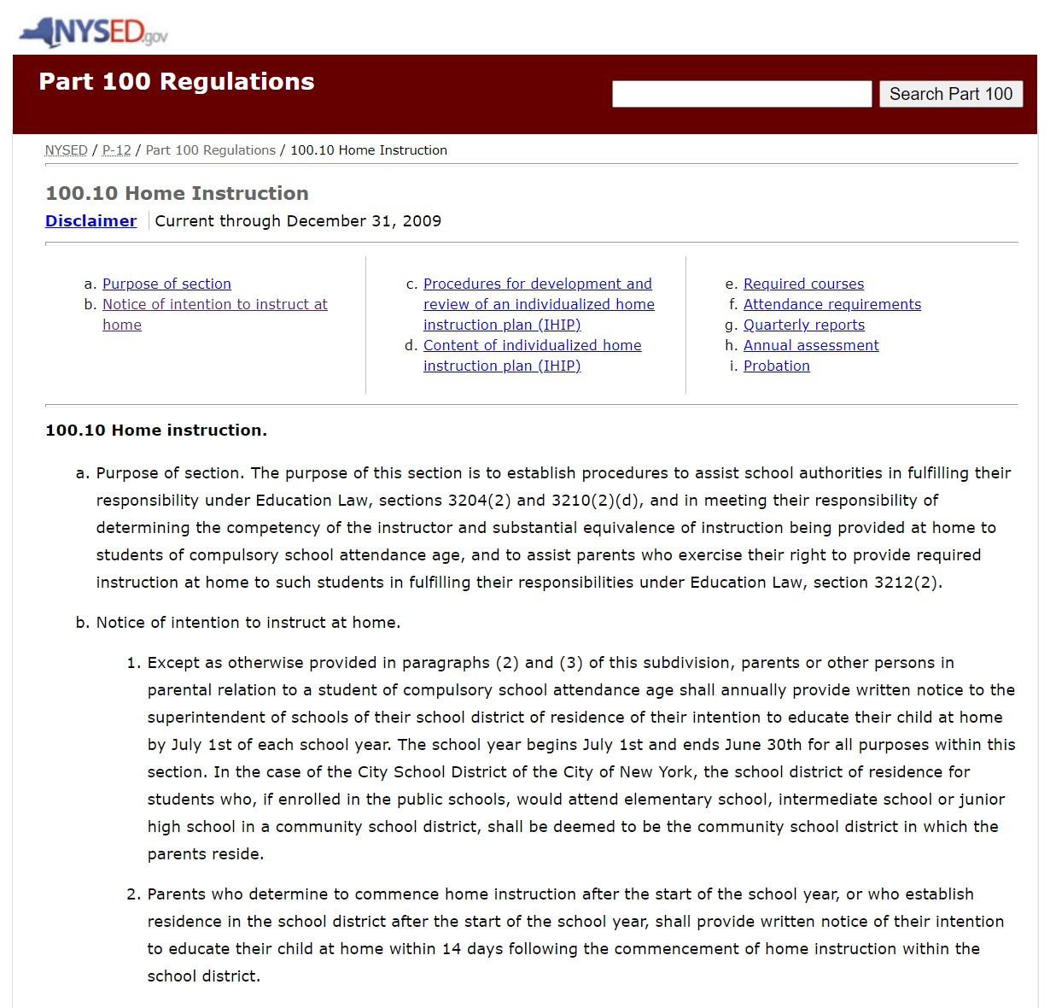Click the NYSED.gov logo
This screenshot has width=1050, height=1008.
tap(93, 32)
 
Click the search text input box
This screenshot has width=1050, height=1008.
tap(741, 94)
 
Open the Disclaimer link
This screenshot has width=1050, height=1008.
tap(90, 220)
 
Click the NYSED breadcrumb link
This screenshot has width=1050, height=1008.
tap(66, 150)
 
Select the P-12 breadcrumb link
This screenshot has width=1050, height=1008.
tap(116, 150)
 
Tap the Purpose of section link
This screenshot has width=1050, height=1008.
tap(166, 284)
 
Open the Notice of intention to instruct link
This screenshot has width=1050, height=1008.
tap(214, 304)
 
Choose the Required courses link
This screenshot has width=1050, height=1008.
tap(803, 284)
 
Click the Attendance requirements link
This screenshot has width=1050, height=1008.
tap(831, 304)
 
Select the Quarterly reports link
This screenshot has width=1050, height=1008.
tap(803, 325)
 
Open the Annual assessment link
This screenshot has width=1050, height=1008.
tap(810, 345)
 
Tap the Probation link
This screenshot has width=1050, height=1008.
tap(776, 366)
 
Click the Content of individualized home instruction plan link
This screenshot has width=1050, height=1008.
tap(532, 345)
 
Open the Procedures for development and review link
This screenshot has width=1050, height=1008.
tap(538, 284)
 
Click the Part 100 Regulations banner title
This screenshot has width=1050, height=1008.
tap(177, 81)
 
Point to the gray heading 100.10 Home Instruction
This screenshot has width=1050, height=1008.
tap(177, 193)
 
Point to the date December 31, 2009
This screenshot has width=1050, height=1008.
tap(364, 221)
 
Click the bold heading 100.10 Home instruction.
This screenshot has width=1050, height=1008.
tap(156, 430)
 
